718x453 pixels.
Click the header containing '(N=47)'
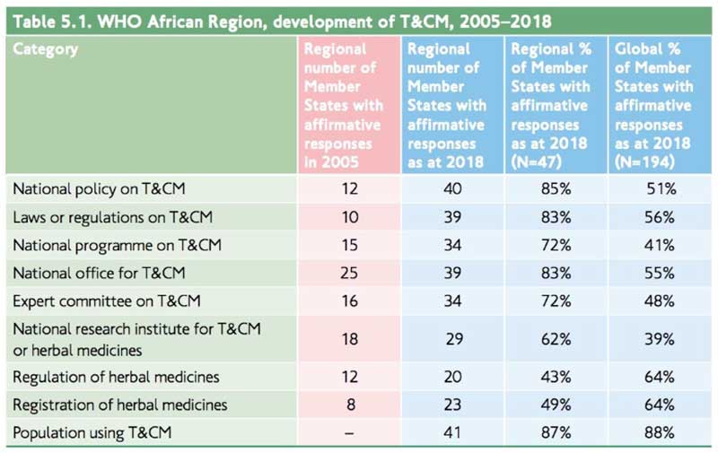tap(550, 105)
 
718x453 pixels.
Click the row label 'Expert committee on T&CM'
tap(105, 300)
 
